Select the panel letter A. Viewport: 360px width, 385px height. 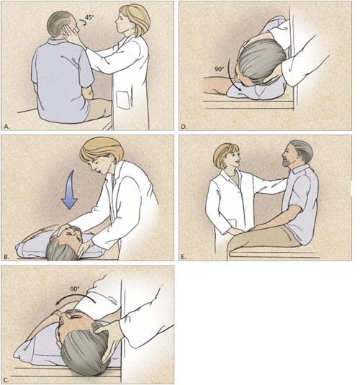[6, 126]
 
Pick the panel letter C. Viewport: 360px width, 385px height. [6, 379]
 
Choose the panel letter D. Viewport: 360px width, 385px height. [184, 126]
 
